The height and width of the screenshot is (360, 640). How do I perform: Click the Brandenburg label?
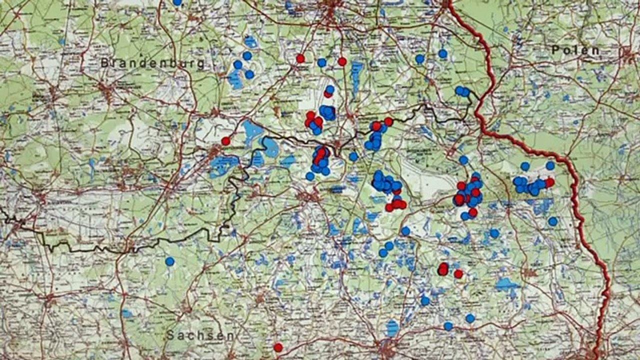pos(152,63)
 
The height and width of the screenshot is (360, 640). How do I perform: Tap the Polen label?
pos(575,50)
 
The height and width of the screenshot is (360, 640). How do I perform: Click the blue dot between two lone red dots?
pos(321,62)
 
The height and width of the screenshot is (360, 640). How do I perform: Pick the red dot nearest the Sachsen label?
pos(278,347)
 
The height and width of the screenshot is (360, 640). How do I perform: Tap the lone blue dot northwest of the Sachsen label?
pos(170,261)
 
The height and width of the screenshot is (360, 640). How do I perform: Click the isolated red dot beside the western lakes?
pos(226,141)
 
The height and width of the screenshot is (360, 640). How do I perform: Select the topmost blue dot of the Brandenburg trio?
pos(247,55)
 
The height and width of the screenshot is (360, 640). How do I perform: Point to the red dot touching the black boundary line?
pos(388,121)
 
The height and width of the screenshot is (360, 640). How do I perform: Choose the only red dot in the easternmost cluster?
pos(549,182)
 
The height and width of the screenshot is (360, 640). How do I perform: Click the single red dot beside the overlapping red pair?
pos(458,273)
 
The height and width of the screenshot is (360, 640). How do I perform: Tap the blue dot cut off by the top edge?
pos(176,2)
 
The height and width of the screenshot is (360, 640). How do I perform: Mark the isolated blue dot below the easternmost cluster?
pos(552,221)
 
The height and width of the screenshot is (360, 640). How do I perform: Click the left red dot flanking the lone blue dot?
pos(300,58)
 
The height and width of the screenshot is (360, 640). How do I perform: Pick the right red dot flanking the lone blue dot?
pos(342,61)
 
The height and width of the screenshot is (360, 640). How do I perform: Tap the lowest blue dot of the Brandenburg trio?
pos(249,74)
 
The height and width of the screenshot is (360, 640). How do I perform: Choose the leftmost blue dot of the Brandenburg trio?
pos(238,64)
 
